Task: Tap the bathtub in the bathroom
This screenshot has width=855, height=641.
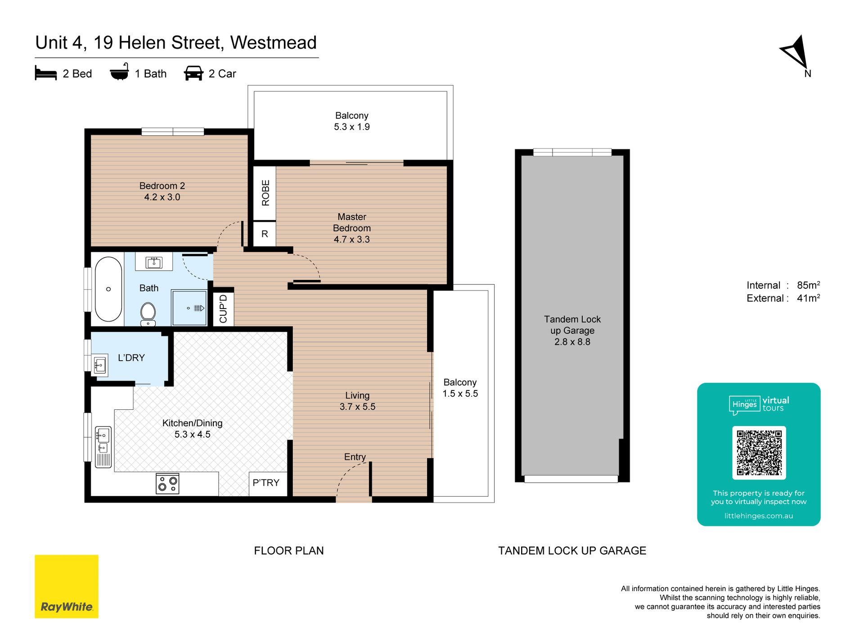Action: pos(108,289)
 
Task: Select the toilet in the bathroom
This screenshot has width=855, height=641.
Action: pos(148,314)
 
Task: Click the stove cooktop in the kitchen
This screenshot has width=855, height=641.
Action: pos(167,484)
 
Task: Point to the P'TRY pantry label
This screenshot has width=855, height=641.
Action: pos(266,483)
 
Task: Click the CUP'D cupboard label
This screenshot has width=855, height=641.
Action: pos(223,309)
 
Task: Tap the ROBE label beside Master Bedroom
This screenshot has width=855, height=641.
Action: pos(265,193)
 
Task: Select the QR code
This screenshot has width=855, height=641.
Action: pos(759,453)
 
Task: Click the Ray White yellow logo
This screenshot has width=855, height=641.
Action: pos(67,586)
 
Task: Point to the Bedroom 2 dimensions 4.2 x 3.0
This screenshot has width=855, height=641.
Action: pos(162,197)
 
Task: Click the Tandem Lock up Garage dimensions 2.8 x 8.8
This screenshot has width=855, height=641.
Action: pos(572,342)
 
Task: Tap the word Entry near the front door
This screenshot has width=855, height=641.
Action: pos(355,457)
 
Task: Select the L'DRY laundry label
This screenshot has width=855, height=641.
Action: pos(131,358)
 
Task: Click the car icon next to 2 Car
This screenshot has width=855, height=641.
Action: pos(193,73)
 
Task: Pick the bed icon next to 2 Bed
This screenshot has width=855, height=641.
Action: pos(46,73)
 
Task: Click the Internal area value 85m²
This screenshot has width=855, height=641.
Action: pos(808,285)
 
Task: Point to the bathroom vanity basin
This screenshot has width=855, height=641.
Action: pos(154,262)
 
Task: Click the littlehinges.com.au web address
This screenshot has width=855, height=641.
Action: pos(759,516)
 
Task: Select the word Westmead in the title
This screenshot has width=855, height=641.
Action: pos(274,43)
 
